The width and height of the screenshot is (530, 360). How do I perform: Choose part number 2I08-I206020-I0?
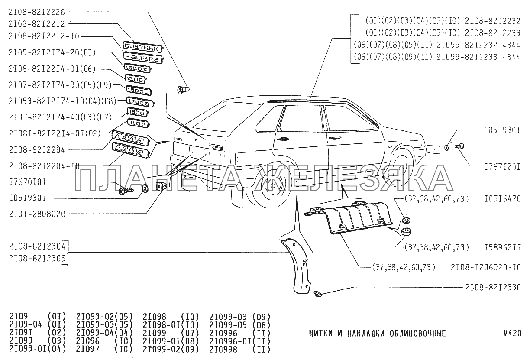coord(485,267)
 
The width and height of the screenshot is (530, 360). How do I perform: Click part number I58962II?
coord(501,248)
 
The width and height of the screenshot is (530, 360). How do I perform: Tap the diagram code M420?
coord(512,334)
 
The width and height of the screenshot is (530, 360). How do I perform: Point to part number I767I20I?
coord(501,166)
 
